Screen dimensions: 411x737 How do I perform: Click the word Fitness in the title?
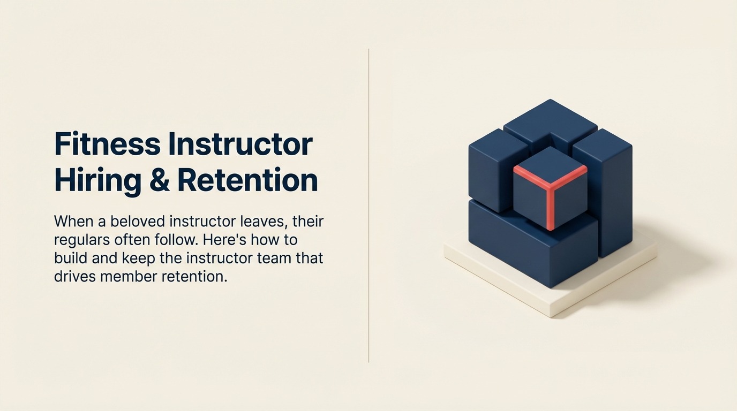tap(107, 144)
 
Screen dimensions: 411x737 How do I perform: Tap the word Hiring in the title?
tap(98, 180)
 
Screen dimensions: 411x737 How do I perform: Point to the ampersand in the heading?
tap(159, 180)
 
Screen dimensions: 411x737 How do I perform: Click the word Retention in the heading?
tap(247, 180)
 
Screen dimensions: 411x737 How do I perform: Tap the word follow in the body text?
tap(174, 239)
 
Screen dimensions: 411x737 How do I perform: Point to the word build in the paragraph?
tap(71, 258)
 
